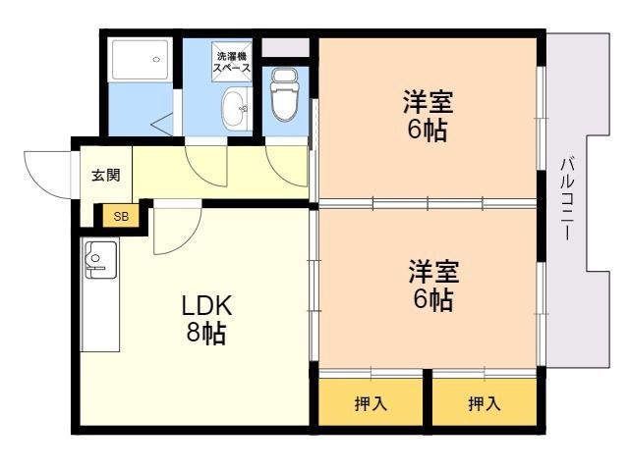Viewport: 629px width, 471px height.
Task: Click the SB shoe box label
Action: click(x=121, y=217)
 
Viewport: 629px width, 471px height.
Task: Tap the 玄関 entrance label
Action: click(x=106, y=175)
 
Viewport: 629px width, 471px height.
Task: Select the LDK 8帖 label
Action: click(x=206, y=319)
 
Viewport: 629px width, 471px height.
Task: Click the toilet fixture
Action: click(x=285, y=94)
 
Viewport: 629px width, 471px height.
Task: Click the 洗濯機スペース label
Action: click(x=232, y=62)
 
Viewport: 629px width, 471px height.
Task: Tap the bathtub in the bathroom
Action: click(x=140, y=59)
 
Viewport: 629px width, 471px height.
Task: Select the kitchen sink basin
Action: click(x=100, y=260)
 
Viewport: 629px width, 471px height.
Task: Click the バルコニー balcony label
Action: click(x=568, y=199)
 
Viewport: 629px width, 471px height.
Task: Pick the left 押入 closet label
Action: click(x=371, y=403)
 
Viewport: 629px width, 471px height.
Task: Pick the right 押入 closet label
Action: click(x=485, y=403)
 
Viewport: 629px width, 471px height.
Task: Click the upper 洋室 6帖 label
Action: click(x=429, y=116)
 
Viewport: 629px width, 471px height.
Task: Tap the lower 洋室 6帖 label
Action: click(x=433, y=286)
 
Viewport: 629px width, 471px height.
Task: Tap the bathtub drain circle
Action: click(x=156, y=60)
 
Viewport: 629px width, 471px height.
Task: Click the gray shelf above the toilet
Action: click(x=286, y=48)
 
